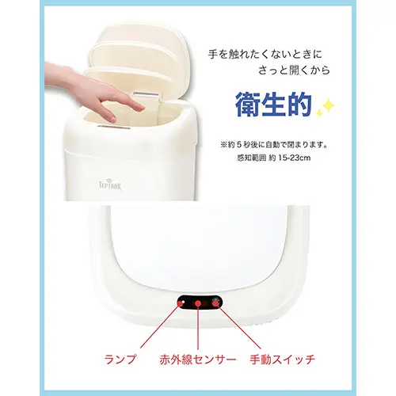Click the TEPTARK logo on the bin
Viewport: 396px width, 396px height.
110,185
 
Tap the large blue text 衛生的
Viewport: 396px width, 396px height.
273,105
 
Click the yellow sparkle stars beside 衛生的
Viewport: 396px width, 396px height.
326,108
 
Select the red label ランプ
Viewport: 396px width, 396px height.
120,360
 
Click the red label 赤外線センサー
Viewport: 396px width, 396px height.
197,360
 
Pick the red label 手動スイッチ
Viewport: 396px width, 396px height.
283,360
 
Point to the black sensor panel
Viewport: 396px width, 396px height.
200,303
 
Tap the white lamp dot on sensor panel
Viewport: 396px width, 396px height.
184,301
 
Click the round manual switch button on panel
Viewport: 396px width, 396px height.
215,302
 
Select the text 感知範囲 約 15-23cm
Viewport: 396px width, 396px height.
274,158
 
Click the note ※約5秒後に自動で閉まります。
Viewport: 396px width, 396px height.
274,145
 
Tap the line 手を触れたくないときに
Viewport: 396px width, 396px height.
265,55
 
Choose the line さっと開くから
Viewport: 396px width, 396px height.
294,70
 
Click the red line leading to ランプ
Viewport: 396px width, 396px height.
160,326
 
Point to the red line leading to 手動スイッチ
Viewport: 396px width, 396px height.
238,326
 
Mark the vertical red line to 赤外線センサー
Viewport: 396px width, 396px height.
198,326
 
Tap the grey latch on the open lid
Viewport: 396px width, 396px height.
147,94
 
